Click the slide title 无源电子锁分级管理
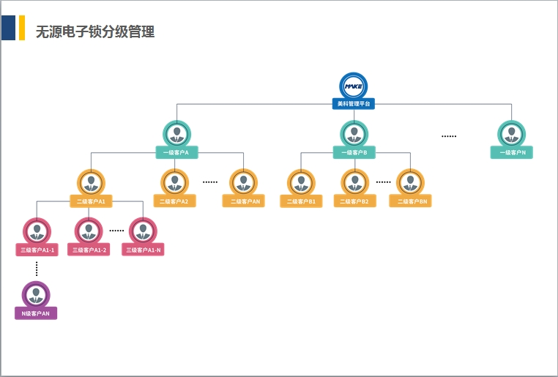[95, 31]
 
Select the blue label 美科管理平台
[354, 104]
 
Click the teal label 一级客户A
[176, 152]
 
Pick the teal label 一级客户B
[354, 152]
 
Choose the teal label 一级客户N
[512, 152]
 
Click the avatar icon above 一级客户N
[512, 134]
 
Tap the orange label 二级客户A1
[91, 201]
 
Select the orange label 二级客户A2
[174, 201]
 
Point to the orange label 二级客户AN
[244, 201]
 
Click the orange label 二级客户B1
[301, 201]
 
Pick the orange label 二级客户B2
[354, 201]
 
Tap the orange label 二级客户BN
[410, 201]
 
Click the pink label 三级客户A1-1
[37, 250]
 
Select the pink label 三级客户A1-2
[89, 250]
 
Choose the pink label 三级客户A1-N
[144, 250]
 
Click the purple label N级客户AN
[36, 313]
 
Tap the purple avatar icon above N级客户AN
[36, 294]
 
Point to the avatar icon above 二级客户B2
[354, 182]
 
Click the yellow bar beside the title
[22, 28]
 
